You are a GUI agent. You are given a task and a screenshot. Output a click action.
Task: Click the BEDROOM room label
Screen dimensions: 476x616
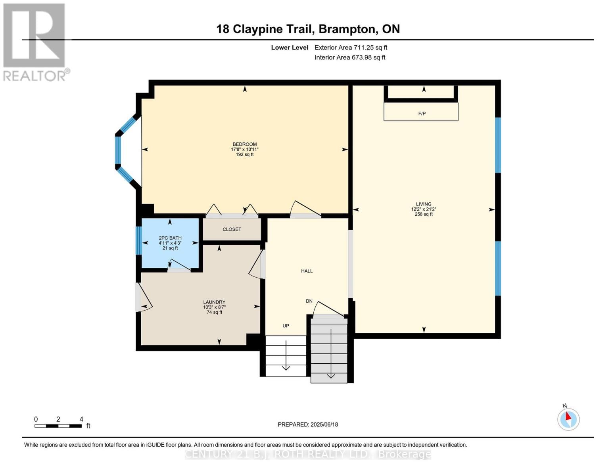click(244, 144)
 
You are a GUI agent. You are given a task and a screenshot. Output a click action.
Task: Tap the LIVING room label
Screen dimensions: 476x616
click(424, 204)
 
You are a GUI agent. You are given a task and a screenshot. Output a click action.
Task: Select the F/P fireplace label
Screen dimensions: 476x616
click(422, 114)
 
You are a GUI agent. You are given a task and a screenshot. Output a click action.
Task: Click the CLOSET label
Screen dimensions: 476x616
click(232, 229)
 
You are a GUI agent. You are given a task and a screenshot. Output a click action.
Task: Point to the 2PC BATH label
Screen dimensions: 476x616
click(170, 238)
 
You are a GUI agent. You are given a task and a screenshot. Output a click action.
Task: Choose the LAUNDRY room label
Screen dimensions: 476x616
click(214, 302)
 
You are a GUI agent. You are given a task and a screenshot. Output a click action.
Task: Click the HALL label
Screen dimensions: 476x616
click(307, 271)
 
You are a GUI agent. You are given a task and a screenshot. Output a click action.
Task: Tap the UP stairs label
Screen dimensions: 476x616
click(286, 326)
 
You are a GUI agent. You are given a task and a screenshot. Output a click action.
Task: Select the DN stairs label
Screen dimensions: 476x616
click(309, 301)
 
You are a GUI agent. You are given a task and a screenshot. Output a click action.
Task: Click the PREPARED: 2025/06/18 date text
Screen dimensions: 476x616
click(308, 424)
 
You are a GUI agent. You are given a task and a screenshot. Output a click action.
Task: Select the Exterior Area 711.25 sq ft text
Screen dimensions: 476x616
click(351, 48)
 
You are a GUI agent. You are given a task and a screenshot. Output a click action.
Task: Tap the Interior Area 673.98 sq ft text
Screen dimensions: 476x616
click(350, 58)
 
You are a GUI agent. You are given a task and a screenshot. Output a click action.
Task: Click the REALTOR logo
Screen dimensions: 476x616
click(35, 42)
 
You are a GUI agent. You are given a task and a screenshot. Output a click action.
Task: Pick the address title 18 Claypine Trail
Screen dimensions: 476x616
click(308, 29)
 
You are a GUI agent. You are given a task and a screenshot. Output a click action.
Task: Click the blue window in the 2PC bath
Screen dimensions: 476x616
click(139, 240)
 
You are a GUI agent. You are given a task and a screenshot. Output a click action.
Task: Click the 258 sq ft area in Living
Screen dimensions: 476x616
click(424, 214)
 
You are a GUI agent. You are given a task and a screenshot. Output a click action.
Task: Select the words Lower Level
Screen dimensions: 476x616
click(290, 48)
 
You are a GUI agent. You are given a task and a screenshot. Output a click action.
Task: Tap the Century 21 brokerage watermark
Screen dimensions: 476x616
click(308, 454)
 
